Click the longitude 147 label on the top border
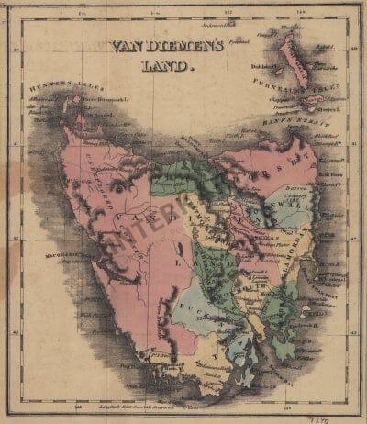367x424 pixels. (228, 13)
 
